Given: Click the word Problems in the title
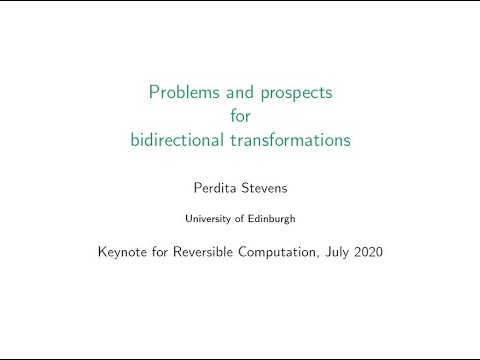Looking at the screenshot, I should pos(182,95).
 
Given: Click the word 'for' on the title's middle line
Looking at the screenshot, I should pos(240,117).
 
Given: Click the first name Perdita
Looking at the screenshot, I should pos(215,185).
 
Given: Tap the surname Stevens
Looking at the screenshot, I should pos(266,185).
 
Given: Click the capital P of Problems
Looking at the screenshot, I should pos(154,95).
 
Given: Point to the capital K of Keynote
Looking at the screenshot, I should pos(102,251).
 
